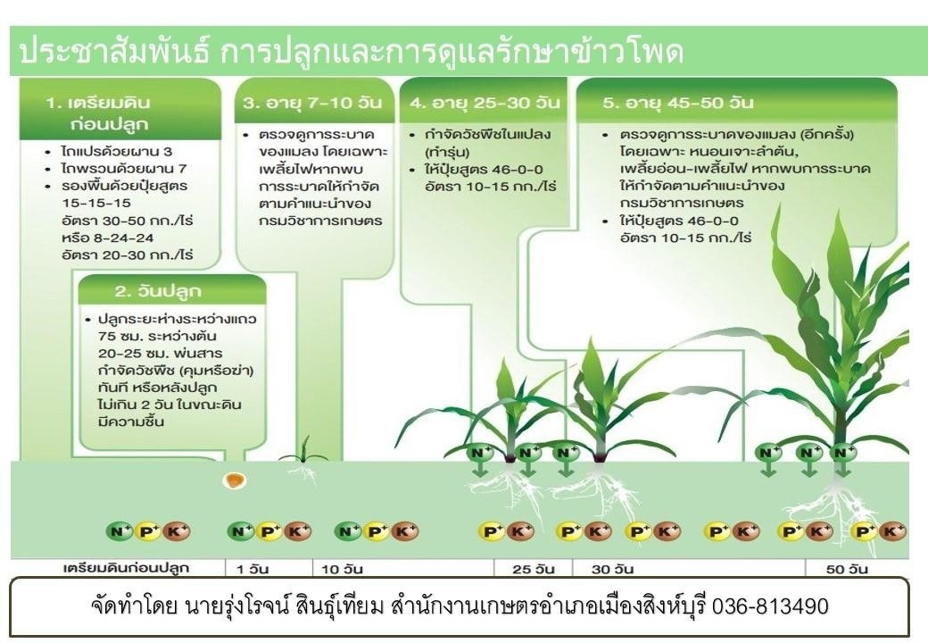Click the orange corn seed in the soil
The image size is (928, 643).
tap(235, 480)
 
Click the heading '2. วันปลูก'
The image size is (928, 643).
tap(158, 291)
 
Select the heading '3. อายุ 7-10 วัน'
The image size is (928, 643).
tap(312, 103)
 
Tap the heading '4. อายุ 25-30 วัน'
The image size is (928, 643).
tap(485, 103)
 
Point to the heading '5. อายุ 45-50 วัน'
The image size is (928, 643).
tap(677, 103)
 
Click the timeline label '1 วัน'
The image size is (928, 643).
tap(253, 569)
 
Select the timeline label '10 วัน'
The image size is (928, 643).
tap(342, 569)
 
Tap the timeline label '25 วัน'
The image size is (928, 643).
tap(534, 569)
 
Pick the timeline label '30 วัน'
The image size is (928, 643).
tap(612, 569)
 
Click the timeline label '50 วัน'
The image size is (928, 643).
tap(847, 569)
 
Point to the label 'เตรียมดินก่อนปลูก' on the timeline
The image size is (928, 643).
tap(126, 568)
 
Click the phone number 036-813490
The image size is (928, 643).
tap(769, 606)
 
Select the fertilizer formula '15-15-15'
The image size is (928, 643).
tap(96, 203)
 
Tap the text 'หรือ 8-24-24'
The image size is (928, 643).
tap(108, 238)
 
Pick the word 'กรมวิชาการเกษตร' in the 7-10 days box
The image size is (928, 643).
tap(320, 221)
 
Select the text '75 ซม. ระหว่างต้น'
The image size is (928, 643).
tap(157, 337)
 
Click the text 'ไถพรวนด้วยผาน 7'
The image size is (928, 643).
tap(124, 169)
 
